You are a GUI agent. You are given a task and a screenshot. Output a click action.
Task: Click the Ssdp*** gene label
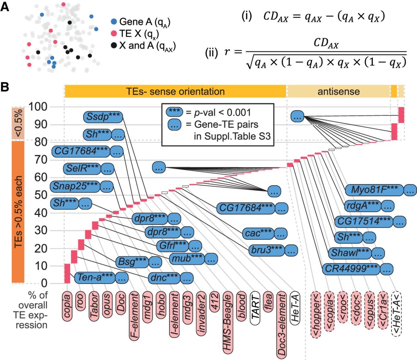pos(103,117)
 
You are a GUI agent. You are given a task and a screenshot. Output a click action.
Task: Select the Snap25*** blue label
pos(75,186)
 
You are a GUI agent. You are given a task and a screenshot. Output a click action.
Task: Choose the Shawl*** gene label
pos(350,253)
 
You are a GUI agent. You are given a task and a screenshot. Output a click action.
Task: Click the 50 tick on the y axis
pos(41,195)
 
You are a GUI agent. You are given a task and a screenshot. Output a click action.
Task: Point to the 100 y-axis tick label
pos(38,107)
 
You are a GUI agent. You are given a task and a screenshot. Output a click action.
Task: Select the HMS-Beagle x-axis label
pos(228,323)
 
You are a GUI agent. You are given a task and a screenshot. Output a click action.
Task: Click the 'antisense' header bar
pos(338,91)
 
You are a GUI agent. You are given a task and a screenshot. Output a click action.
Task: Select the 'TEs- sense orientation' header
pos(175,91)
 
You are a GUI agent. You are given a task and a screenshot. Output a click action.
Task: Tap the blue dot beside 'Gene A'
pos(114,22)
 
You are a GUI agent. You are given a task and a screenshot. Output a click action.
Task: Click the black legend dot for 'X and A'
pos(114,46)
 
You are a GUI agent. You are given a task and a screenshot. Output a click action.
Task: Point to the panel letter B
pos(5,87)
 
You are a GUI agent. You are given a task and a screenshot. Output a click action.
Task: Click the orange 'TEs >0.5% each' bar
pos(18,212)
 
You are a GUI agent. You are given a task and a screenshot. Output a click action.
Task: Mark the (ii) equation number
pos(211,52)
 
